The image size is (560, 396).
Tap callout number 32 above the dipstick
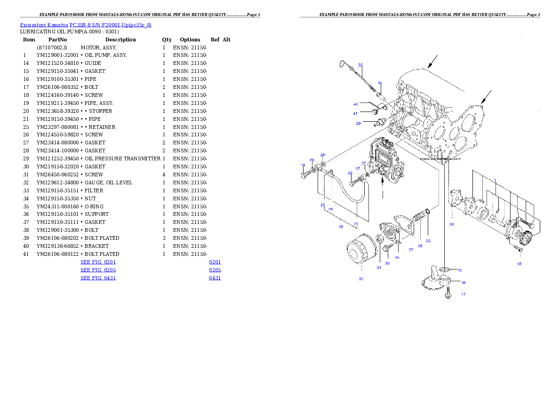[x=360, y=65]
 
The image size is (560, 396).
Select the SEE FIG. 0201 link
[x=98, y=262]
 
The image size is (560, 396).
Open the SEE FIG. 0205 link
[x=98, y=270]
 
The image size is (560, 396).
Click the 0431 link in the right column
[x=215, y=278]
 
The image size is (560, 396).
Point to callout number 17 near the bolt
[x=463, y=294]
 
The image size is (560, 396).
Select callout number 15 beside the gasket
[x=459, y=270]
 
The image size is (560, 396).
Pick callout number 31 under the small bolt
[x=519, y=264]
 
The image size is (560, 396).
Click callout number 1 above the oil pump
[x=495, y=180]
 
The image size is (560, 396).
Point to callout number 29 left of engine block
[x=358, y=123]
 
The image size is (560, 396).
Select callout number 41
[x=356, y=113]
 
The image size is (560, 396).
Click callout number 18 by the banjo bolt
[x=303, y=165]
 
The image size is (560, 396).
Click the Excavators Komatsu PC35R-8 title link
[x=86, y=24]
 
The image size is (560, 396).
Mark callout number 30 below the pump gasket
[x=451, y=224]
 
